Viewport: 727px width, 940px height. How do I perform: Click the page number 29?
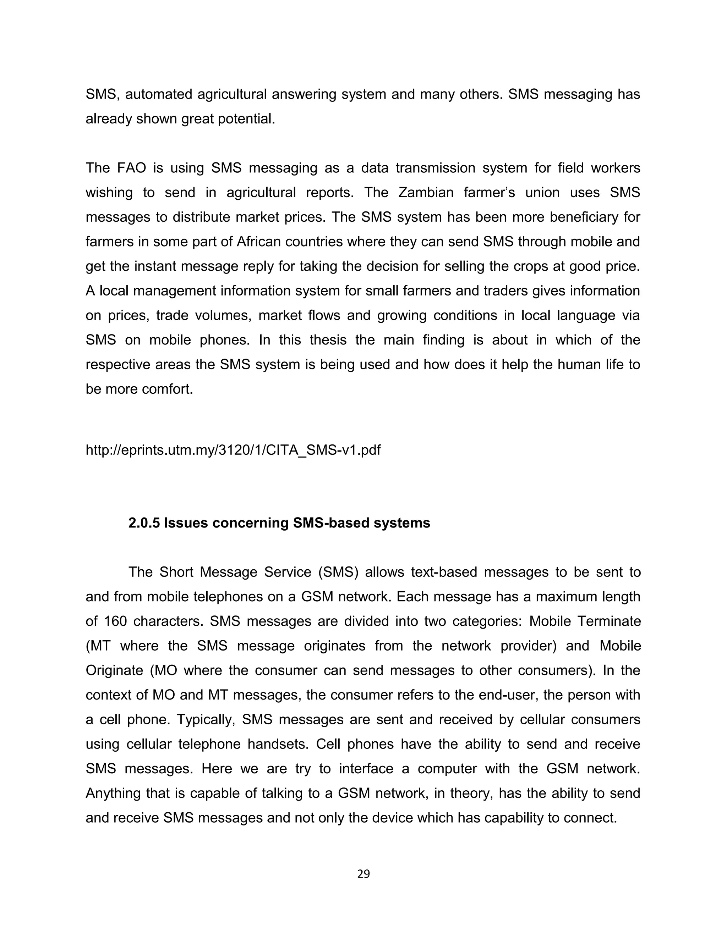pos(363,874)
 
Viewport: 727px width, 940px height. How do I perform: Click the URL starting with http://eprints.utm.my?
pos(233,450)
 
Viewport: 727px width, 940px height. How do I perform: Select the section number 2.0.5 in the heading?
pos(144,523)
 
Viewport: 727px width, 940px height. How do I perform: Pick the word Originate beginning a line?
pos(114,670)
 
